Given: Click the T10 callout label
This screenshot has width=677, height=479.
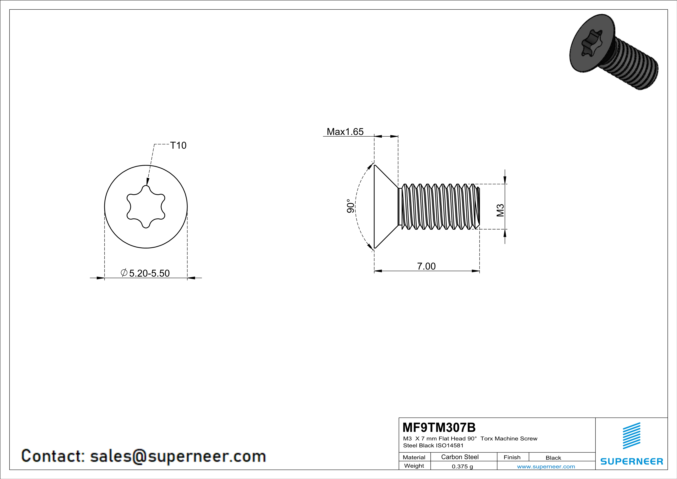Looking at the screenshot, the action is click(178, 145).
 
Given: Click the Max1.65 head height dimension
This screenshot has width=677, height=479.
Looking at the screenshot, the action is click(345, 132).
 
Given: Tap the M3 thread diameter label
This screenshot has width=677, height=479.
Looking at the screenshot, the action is click(500, 210).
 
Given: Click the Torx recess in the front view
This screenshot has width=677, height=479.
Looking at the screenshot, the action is click(146, 206).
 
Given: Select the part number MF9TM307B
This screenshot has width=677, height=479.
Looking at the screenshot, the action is click(439, 427).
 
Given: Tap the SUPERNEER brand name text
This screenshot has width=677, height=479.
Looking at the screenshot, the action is click(632, 461).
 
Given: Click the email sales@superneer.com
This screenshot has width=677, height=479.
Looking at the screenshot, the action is click(178, 456).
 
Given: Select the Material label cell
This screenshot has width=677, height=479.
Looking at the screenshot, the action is click(414, 457).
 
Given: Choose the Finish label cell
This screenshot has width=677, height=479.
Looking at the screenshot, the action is click(512, 457).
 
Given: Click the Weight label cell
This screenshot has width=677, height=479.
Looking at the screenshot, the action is click(414, 466).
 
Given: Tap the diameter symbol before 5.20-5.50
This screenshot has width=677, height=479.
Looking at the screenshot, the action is click(124, 273).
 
